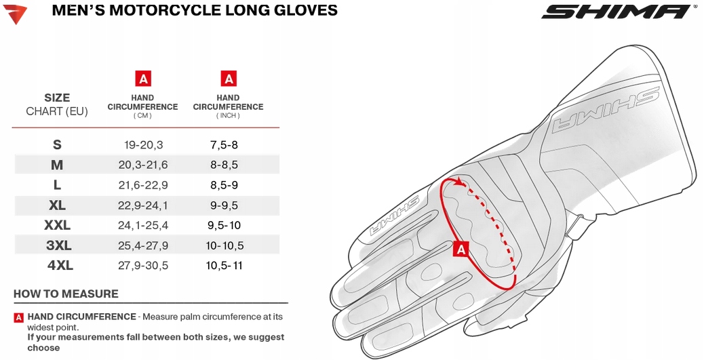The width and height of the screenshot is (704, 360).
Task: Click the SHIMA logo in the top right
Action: click(618, 12)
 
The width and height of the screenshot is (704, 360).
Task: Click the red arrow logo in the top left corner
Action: click(15, 14)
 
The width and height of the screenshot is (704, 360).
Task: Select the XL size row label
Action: click(57, 205)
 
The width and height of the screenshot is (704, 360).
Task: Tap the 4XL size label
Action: click(60, 265)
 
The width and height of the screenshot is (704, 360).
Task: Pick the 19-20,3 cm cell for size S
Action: click(143, 145)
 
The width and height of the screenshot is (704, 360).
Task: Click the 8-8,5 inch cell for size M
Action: click(224, 165)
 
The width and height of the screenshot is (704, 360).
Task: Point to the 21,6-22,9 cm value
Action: click(143, 185)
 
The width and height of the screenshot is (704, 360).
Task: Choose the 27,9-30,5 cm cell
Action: click(143, 265)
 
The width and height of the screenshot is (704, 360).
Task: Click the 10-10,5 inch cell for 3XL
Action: click(224, 245)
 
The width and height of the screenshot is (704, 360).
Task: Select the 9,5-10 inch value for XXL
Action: click(224, 225)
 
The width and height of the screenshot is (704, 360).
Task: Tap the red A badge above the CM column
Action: click(143, 79)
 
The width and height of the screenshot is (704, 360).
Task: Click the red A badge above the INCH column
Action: click(229, 79)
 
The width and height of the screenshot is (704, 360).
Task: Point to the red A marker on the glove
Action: click(461, 249)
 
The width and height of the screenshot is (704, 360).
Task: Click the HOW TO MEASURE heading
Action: click(66, 294)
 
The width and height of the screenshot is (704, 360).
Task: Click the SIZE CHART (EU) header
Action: click(57, 104)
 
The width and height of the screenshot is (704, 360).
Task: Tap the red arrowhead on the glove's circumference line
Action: click(460, 182)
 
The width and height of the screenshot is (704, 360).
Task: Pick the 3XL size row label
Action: click(59, 245)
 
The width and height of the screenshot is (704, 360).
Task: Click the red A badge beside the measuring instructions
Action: click(19, 317)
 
